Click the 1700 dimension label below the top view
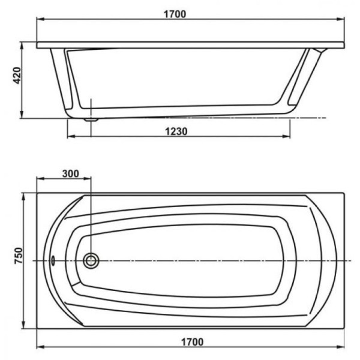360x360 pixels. pos(190,342)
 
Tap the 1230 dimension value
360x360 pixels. pos(178,131)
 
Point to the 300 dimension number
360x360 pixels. pos(70,174)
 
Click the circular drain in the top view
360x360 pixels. pos(91,260)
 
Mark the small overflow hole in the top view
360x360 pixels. pos(53,260)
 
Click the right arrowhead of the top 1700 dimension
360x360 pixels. pos(343,20)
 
